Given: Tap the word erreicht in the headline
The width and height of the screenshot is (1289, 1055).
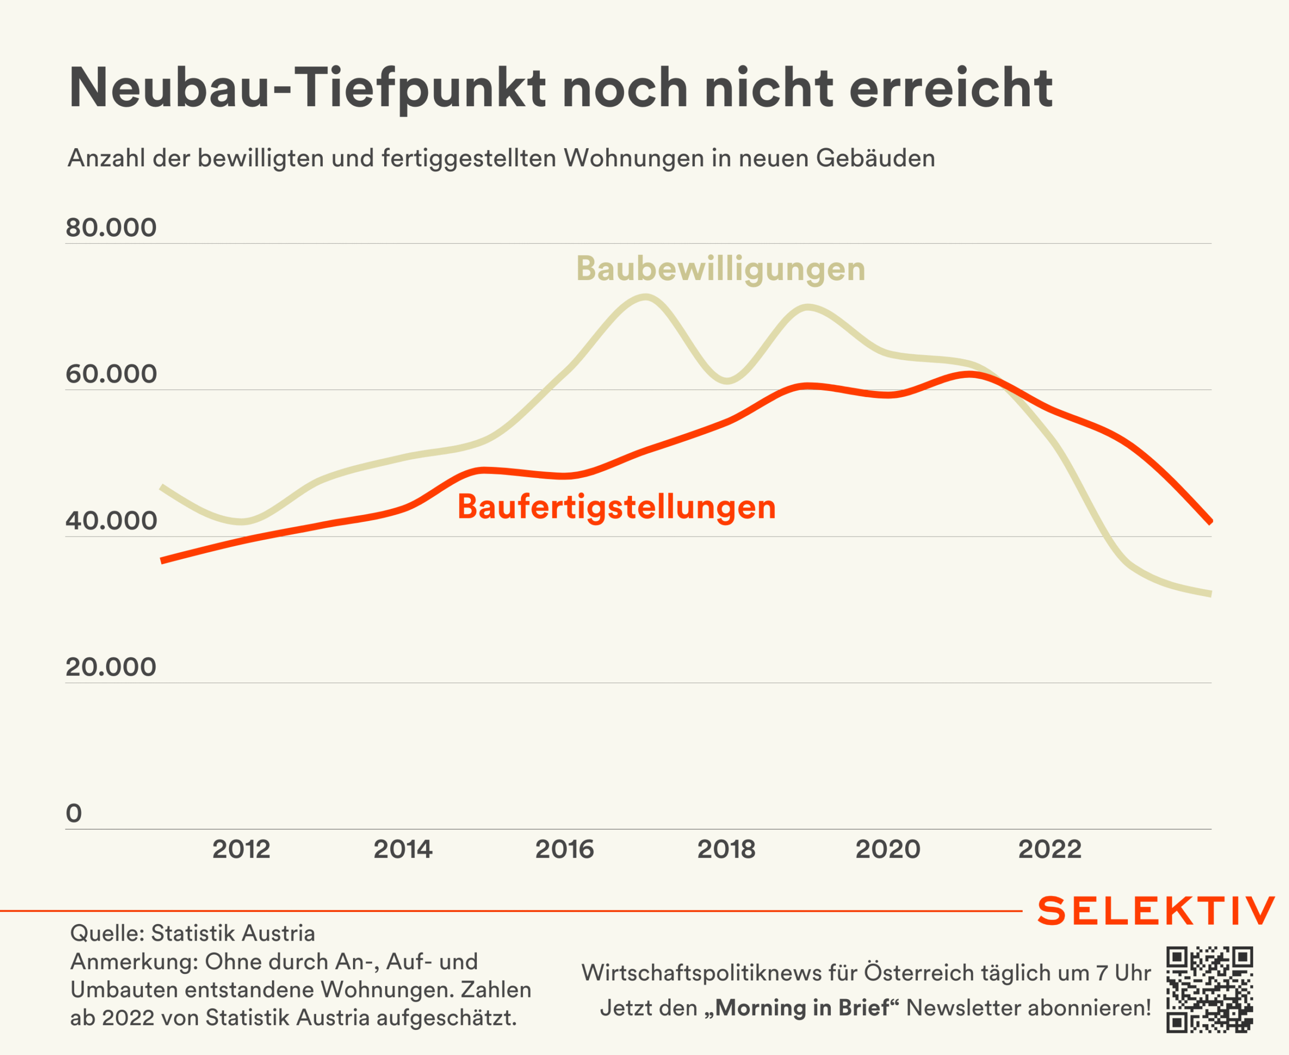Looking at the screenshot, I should pyautogui.click(x=951, y=88).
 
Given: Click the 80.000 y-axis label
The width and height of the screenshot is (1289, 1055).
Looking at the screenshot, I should pyautogui.click(x=111, y=228).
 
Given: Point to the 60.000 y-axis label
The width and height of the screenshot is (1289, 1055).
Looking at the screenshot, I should pyautogui.click(x=111, y=374).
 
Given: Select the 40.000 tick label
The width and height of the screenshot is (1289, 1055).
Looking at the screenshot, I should pyautogui.click(x=111, y=521).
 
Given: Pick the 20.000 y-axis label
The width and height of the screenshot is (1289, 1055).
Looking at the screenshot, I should pyautogui.click(x=111, y=667).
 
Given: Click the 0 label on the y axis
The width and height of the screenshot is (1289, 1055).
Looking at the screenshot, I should pyautogui.click(x=74, y=813).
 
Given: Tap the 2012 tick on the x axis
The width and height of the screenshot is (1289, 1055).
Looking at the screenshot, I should pyautogui.click(x=241, y=849).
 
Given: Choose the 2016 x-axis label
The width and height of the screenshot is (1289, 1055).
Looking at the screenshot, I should pyautogui.click(x=564, y=849).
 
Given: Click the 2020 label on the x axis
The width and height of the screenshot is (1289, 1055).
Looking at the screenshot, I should pyautogui.click(x=888, y=849).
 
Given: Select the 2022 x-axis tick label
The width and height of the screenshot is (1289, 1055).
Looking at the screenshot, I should pyautogui.click(x=1050, y=849).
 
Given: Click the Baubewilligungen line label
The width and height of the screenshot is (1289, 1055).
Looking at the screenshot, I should pyautogui.click(x=721, y=269).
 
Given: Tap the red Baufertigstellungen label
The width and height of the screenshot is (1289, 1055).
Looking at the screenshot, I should pyautogui.click(x=617, y=507).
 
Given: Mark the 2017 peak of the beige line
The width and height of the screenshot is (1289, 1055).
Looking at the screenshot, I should pyautogui.click(x=645, y=297).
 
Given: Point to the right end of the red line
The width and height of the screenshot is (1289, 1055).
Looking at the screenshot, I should pyautogui.click(x=1210, y=520).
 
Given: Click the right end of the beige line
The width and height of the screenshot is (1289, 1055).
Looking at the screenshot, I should pyautogui.click(x=1210, y=594).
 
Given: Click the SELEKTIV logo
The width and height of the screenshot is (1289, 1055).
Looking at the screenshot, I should pyautogui.click(x=1156, y=911).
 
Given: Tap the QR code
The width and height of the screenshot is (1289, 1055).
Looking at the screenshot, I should pyautogui.click(x=1209, y=990).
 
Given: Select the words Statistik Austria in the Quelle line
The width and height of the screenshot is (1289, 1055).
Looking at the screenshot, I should pyautogui.click(x=233, y=934).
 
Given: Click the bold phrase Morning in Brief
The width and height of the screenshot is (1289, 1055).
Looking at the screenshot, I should pyautogui.click(x=803, y=1008).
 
